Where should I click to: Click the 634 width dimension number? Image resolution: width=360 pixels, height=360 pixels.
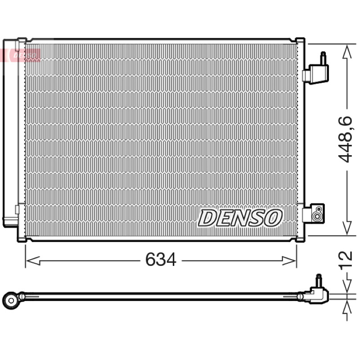pos(161,260)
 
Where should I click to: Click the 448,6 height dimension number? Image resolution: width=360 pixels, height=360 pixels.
pos(345,139)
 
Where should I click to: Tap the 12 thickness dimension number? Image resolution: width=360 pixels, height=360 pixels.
pos(345,259)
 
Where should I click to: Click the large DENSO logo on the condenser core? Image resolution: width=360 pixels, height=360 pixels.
pos(240,218)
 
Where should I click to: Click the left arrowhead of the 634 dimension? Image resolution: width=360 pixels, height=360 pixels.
pos(33,261)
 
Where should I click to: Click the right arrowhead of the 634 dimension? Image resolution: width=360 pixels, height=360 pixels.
pos(289,261)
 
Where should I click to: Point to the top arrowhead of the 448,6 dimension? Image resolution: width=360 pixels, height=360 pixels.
pos(347,52)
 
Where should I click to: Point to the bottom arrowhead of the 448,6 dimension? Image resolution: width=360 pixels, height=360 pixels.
pos(347,228)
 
